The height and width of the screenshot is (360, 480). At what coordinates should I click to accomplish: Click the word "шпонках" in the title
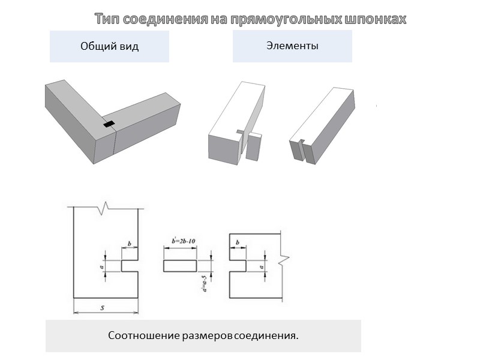tap(376, 19)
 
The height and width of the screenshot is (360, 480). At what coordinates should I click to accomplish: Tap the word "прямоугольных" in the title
tap(286, 20)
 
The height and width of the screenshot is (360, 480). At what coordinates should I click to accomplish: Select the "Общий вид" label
tap(110, 46)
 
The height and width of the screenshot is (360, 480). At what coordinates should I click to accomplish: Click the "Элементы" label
tap(292, 46)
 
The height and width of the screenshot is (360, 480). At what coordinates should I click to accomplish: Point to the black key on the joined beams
tap(109, 124)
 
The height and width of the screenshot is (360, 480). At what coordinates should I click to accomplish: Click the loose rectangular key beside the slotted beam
tap(254, 146)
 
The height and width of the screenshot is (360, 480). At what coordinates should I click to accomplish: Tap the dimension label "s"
tap(103, 308)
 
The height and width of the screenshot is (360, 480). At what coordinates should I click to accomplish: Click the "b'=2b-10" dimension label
tap(184, 241)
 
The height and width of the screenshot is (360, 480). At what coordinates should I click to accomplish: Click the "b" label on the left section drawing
tap(130, 244)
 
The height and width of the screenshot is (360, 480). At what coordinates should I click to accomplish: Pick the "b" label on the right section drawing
tap(238, 242)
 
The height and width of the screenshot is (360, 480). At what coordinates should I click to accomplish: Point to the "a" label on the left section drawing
tap(101, 267)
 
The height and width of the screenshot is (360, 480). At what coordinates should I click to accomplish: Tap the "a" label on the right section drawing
tap(262, 267)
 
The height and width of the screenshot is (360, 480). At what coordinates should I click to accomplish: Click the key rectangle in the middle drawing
tap(180, 266)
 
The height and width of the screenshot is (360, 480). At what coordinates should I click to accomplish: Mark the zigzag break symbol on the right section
tap(284, 260)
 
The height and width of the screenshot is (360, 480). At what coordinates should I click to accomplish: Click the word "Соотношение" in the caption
tap(144, 335)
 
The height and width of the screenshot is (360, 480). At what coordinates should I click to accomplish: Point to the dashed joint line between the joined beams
tap(115, 142)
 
